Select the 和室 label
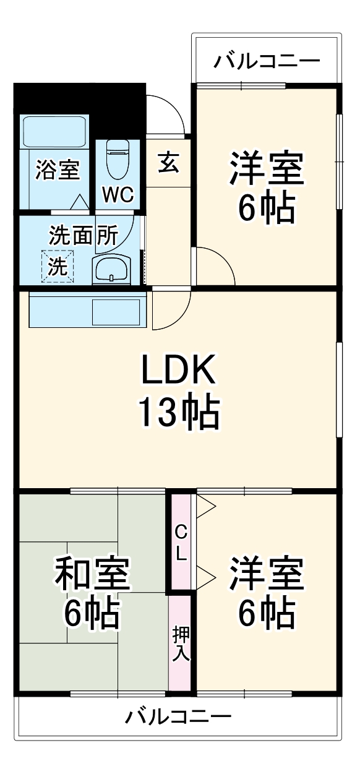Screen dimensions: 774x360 pos(92,574)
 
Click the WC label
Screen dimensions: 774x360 pos(118,195)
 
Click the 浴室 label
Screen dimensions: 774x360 pos(58,170)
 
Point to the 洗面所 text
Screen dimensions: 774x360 pos(84,236)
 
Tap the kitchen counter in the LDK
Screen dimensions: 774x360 pos(86,309)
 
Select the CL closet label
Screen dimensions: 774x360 pos(181,543)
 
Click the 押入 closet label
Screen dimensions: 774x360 pos(181,643)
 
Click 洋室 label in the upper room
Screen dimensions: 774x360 pos(267,169)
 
